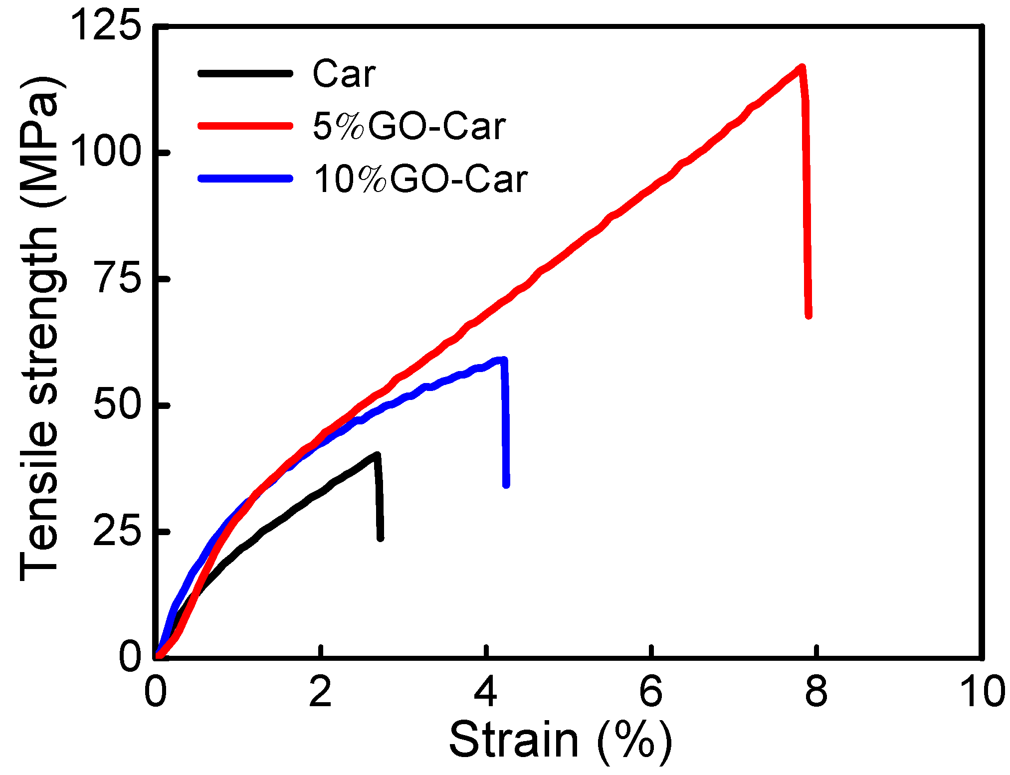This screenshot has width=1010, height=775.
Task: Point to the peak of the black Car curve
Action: point(377,455)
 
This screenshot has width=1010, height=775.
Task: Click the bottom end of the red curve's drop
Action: point(808,315)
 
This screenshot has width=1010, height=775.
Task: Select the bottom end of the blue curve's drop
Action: point(506,485)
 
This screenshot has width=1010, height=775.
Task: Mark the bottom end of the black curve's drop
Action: point(381,538)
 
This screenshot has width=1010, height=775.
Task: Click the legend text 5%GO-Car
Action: point(409,126)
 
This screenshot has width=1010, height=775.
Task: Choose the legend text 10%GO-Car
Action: point(420,179)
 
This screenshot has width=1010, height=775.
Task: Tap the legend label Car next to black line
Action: point(344,74)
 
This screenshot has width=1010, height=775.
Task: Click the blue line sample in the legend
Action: point(245,178)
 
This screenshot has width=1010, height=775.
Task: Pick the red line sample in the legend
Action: point(245,126)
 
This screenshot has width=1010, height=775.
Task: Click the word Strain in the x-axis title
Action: point(514,740)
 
